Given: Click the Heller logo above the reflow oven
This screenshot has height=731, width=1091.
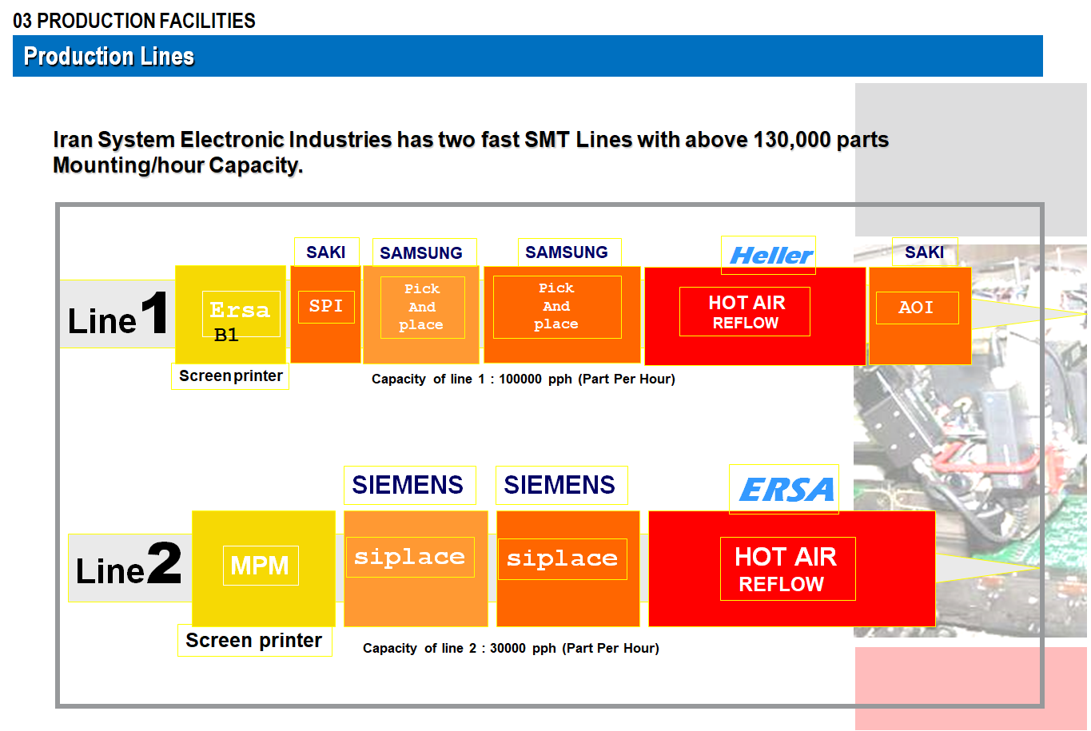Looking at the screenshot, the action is coord(770,256).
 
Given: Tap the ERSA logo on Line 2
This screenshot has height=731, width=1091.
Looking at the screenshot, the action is coord(786,489).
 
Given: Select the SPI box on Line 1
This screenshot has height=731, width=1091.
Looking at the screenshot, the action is coord(326,307).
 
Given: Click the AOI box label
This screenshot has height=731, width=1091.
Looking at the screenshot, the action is coord(917,308).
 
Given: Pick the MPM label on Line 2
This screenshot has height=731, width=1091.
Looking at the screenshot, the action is coord(261,566).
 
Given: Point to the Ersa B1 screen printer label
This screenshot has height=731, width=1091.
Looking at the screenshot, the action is coord(241,316).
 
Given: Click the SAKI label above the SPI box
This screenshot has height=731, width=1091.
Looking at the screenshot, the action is coord(326,252).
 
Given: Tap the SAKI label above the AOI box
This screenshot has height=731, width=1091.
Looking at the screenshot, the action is coord(925,252).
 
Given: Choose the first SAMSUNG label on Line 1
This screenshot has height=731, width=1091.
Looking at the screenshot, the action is coord(421,252).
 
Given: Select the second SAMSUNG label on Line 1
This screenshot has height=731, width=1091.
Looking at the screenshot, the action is coord(567,252).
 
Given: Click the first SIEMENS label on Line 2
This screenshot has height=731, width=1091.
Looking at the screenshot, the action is coord(408,485).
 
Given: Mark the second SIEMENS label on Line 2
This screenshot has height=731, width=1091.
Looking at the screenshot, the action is coord(560,485).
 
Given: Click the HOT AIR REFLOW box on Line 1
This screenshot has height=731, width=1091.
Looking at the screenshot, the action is coord(745,312).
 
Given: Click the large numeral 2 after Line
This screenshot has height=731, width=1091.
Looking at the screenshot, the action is coord(165,562).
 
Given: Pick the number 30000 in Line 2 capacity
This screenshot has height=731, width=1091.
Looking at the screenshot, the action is coord(508,648).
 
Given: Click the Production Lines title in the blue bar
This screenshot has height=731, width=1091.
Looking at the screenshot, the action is coord(109,57).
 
